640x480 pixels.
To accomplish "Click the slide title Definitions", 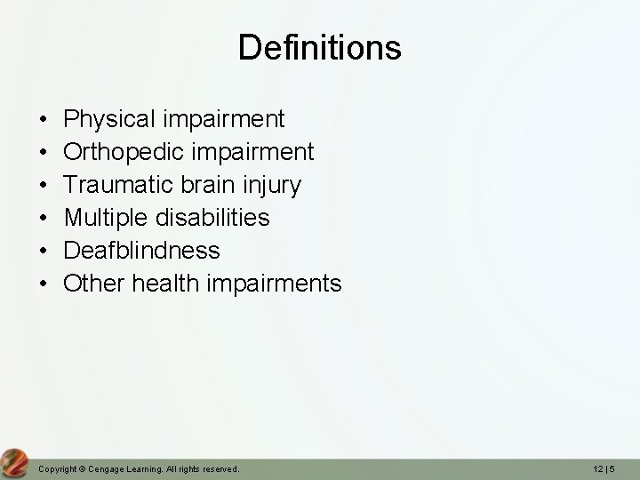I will click(319, 47).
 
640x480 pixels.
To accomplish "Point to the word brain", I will click(207, 185).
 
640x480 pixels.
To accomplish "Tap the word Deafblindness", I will click(142, 251).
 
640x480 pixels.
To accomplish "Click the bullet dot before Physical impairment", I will click(44, 119).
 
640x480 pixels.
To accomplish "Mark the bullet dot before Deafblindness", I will click(44, 252).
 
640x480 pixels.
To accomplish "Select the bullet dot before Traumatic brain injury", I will click(44, 186).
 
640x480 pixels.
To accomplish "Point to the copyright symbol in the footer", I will click(80, 468).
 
